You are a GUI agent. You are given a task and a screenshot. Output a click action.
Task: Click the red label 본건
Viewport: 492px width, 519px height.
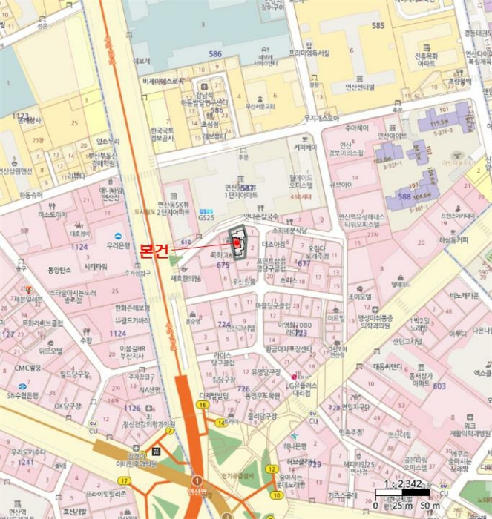coord(155,250)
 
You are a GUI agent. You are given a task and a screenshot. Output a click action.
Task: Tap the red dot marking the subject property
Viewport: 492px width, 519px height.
coord(237,242)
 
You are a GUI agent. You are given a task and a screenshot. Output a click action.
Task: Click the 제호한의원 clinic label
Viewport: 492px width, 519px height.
coord(186,278)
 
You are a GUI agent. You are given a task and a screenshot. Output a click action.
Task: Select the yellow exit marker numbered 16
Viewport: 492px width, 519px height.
coord(201,405)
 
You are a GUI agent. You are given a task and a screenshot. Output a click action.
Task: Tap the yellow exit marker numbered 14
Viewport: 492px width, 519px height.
coord(220,422)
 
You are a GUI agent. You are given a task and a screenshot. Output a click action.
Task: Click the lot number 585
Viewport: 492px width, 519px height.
coord(378,26)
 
